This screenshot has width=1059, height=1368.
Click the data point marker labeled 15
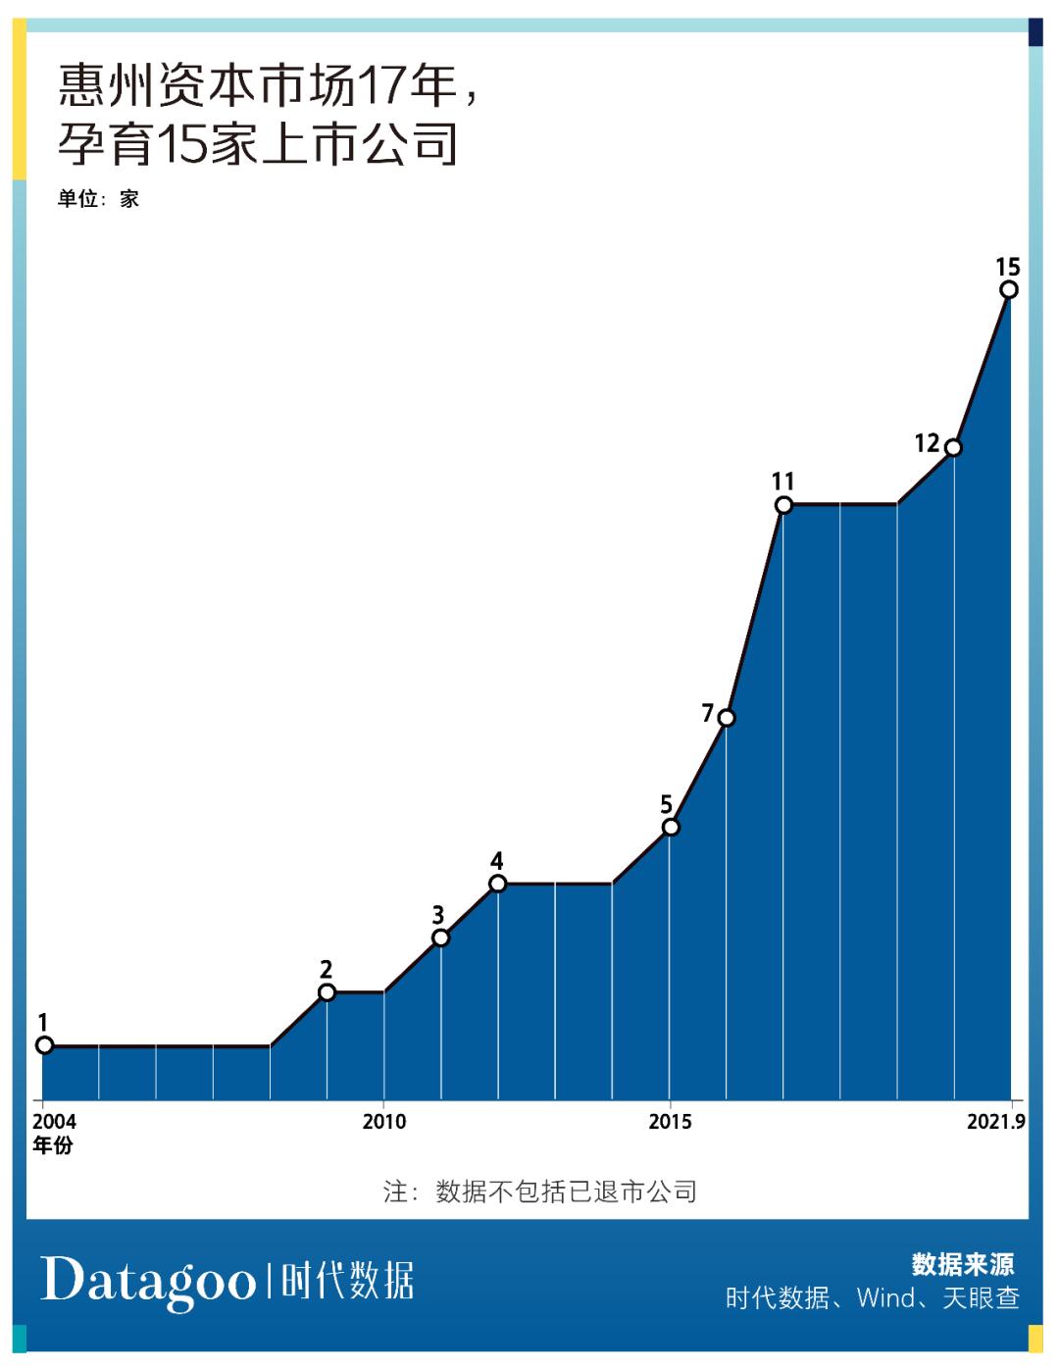pyautogui.click(x=1009, y=289)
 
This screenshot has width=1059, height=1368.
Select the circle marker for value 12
pyautogui.click(x=953, y=448)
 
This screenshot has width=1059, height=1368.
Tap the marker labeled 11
pyautogui.click(x=783, y=505)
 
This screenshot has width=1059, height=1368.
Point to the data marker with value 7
pyautogui.click(x=727, y=718)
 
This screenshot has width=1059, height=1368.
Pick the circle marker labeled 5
pyautogui.click(x=671, y=828)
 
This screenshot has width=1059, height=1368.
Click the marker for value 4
pyautogui.click(x=498, y=884)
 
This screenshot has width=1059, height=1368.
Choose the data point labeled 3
pyautogui.click(x=441, y=938)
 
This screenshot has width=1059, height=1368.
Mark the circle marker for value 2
pyautogui.click(x=328, y=992)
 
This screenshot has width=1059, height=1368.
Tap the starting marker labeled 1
pyautogui.click(x=44, y=1045)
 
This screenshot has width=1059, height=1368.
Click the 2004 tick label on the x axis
pyautogui.click(x=54, y=1122)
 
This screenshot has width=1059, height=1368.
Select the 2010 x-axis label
pyautogui.click(x=383, y=1122)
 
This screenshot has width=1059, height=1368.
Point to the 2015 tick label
pyautogui.click(x=670, y=1122)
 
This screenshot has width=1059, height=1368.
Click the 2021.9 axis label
pyautogui.click(x=995, y=1122)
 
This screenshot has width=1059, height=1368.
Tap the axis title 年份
pyautogui.click(x=53, y=1145)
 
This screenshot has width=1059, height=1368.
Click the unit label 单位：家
pyautogui.click(x=98, y=199)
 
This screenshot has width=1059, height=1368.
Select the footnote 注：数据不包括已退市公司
pyautogui.click(x=539, y=1191)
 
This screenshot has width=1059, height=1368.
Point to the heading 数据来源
pyautogui.click(x=963, y=1264)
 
